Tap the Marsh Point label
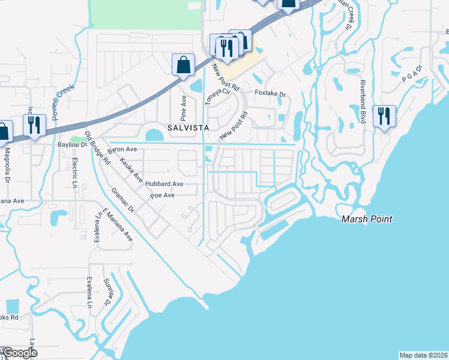pos(367,219)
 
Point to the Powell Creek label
pos(62,102)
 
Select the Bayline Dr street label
pos(72,145)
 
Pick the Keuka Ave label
pos(131,170)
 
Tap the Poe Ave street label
pos(162,196)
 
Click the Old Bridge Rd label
pos(97,148)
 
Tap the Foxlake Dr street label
pos(270,94)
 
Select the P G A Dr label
pos(411,73)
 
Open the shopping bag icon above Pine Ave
pos(183,64)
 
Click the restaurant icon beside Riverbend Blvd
pos(384,115)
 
